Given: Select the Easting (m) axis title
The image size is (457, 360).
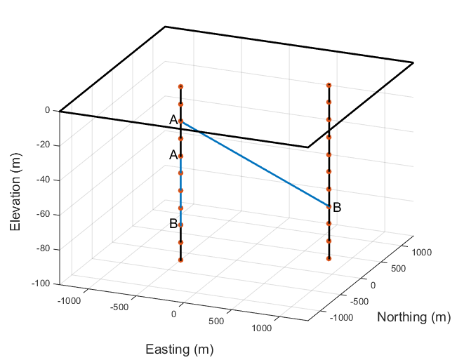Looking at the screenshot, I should pos(179,349).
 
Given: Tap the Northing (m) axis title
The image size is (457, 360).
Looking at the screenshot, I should pos(413,316).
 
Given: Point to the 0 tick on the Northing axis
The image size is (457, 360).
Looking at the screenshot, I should pos(373,284).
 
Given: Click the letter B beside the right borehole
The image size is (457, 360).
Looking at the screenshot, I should pos(337,207).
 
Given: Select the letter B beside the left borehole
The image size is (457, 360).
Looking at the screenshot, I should pos(173,224).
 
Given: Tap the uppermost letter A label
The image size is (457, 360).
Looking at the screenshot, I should pos(173,120).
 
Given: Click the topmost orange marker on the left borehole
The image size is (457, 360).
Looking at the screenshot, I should pos(180,87).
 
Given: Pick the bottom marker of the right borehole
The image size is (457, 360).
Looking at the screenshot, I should pos(329,258).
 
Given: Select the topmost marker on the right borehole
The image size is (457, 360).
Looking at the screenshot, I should pos(329,86).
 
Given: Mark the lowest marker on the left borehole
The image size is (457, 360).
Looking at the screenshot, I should pos(180,260).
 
